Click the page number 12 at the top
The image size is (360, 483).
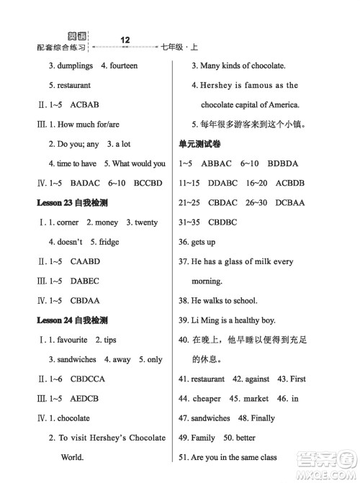pyautogui.click(x=125, y=40)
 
